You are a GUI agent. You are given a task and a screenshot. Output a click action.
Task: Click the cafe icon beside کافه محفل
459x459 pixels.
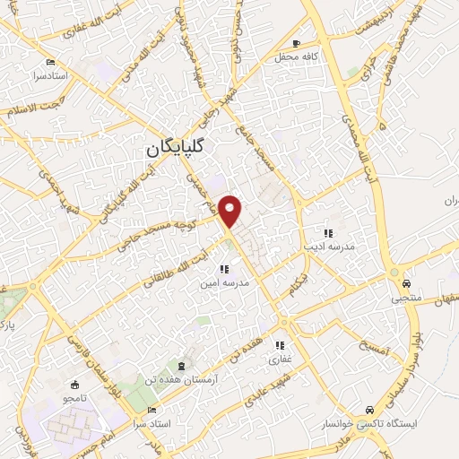(296, 42)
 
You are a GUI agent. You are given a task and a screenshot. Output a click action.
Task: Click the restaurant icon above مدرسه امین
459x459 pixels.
(223, 269)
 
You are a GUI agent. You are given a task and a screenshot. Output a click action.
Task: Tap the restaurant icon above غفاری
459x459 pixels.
(280, 345)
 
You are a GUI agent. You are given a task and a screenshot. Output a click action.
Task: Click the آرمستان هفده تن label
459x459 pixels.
(183, 380)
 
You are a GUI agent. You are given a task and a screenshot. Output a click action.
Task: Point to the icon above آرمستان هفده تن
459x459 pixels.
(184, 366)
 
